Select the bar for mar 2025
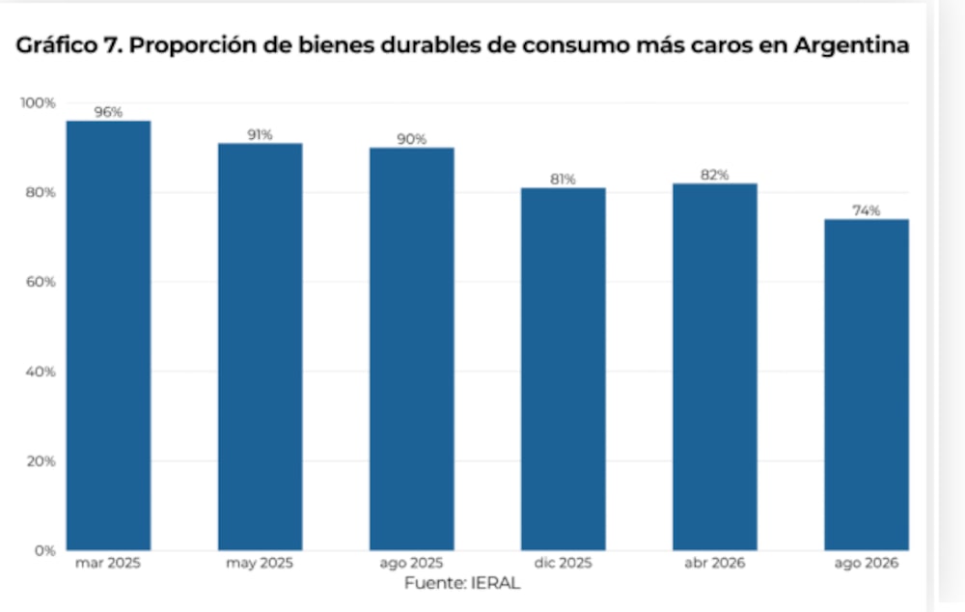[108, 336]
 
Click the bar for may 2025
[261, 347]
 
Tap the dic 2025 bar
[564, 369]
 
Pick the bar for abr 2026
[714, 367]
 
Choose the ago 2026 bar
[867, 385]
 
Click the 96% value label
[108, 112]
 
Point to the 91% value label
[260, 135]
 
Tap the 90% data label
[412, 139]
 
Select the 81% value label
[564, 180]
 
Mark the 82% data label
[714, 175]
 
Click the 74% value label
[867, 210]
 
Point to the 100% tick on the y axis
[39, 103]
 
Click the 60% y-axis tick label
[41, 282]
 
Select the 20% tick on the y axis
[41, 461]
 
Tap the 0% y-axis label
[45, 551]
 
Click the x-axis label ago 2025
[411, 564]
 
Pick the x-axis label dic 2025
[564, 563]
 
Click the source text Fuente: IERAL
[462, 582]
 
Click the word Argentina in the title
[852, 45]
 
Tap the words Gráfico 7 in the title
[69, 45]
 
